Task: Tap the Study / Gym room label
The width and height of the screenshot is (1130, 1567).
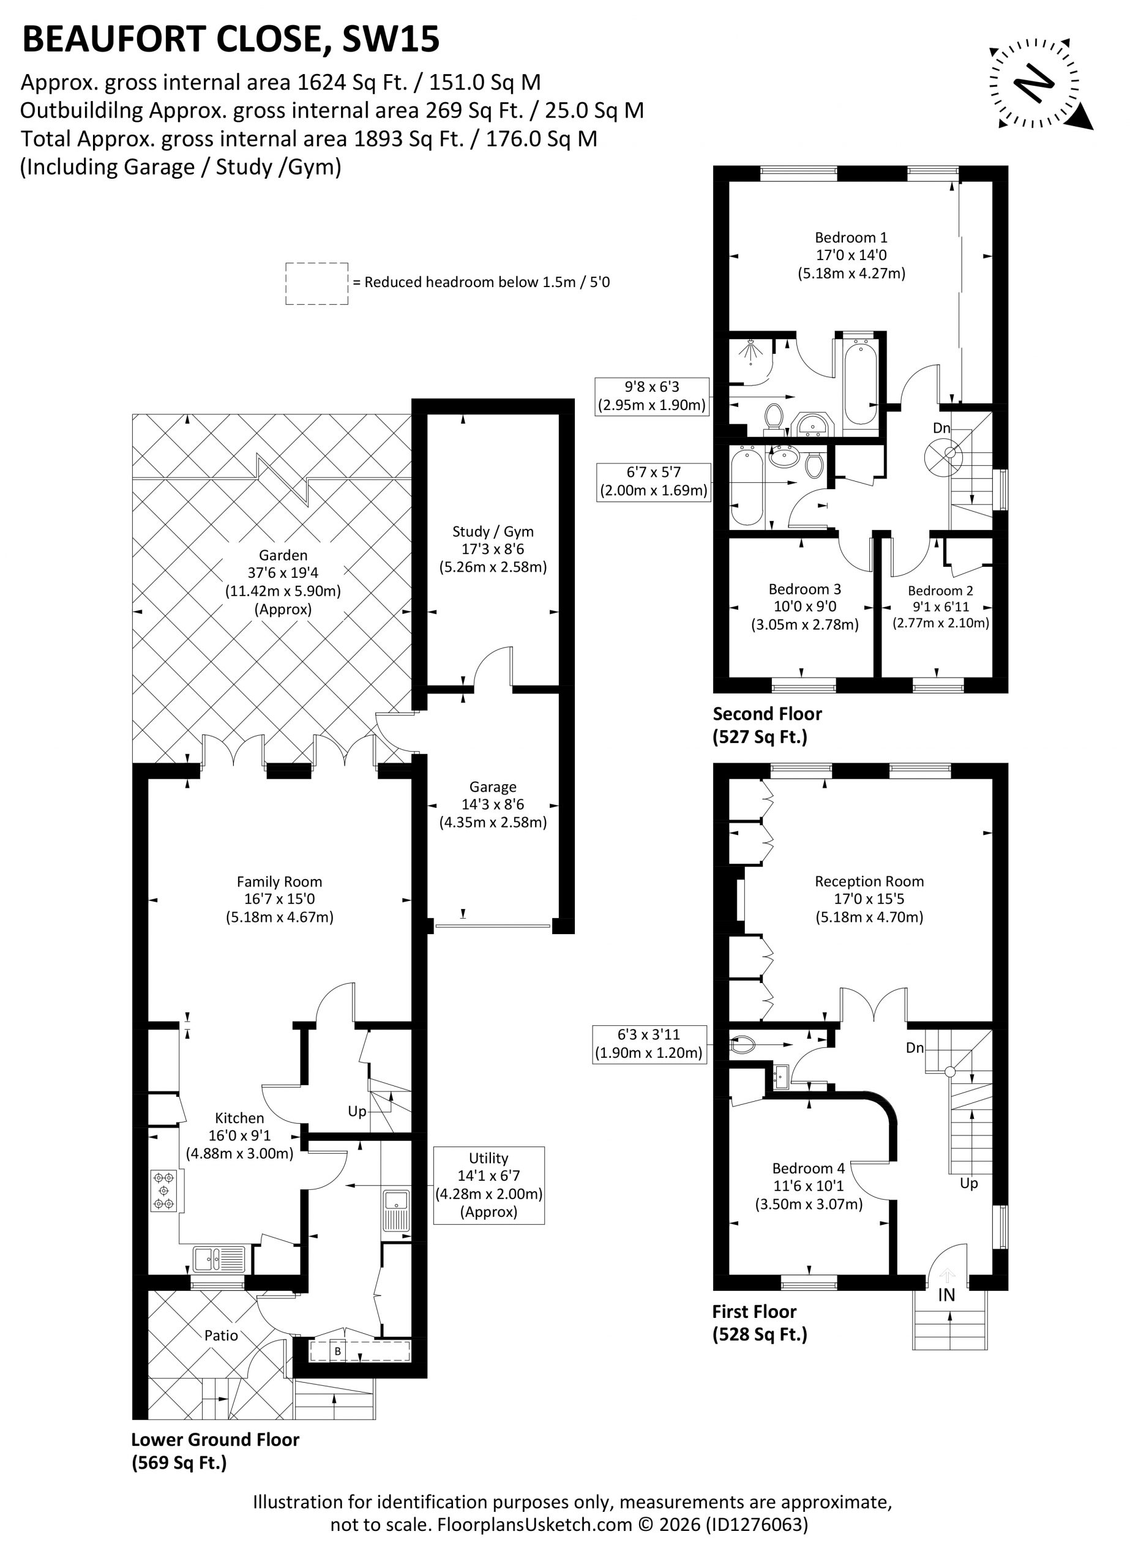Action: (x=493, y=531)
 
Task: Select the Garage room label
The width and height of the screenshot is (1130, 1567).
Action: (x=493, y=787)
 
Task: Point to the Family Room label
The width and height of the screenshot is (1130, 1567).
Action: (x=279, y=881)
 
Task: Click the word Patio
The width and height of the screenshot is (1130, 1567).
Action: (x=221, y=1335)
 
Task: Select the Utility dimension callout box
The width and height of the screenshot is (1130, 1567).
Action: (x=488, y=1185)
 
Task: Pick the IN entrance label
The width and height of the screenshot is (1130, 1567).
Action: (x=946, y=1295)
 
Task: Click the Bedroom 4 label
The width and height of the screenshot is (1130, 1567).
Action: (x=809, y=1168)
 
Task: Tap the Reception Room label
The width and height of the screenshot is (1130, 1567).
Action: (x=869, y=881)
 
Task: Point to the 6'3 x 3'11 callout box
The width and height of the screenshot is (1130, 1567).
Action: (x=649, y=1044)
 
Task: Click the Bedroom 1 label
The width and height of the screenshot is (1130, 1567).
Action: (x=851, y=237)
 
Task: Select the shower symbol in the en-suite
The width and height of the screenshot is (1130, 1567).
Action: (x=750, y=352)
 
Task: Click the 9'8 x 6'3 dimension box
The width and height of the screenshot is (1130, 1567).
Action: (x=653, y=396)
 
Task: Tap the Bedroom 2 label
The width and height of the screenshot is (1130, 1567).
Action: (x=941, y=590)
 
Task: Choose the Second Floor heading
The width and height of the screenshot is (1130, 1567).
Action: (x=767, y=714)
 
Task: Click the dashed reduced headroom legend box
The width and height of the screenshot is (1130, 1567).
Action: (x=316, y=283)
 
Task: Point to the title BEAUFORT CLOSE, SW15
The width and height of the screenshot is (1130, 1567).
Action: (x=231, y=39)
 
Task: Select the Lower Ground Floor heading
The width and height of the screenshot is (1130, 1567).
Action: (x=215, y=1440)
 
